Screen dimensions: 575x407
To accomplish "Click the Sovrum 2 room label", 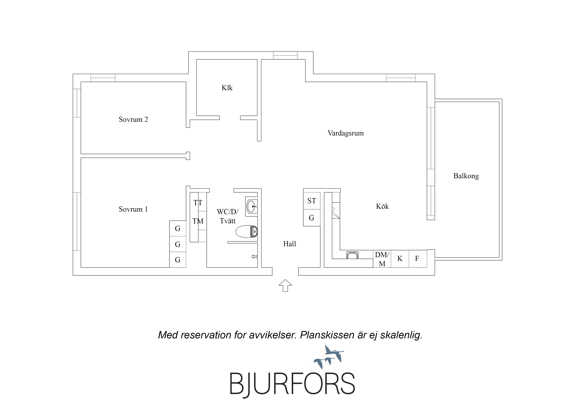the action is point(133,119).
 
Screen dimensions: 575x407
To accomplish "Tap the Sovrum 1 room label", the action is point(133,209).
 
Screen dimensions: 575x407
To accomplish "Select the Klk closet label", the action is point(227,88).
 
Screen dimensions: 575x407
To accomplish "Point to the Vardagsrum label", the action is point(346,133).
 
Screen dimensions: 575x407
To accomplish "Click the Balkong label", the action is point(466,176).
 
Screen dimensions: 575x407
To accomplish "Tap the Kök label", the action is point(382,206).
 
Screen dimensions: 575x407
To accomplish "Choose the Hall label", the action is point(289,244).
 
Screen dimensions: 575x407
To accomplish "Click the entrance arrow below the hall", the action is point(285,285).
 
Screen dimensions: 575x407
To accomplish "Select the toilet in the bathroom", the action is point(247,231).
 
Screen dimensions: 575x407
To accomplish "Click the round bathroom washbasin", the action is point(252,206).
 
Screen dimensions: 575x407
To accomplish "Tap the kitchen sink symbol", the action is point(352,255).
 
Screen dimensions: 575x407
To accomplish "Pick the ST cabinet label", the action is point(312,201).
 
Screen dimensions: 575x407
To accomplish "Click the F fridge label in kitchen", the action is point(417,258).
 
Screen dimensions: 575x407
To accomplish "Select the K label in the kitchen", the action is point(400,258).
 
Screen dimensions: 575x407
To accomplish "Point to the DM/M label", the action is point(382,259).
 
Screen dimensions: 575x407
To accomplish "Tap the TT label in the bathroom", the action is point(198,203).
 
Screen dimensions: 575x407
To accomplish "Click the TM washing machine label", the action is point(198,221).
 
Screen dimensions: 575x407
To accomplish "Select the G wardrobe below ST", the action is point(311,218).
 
